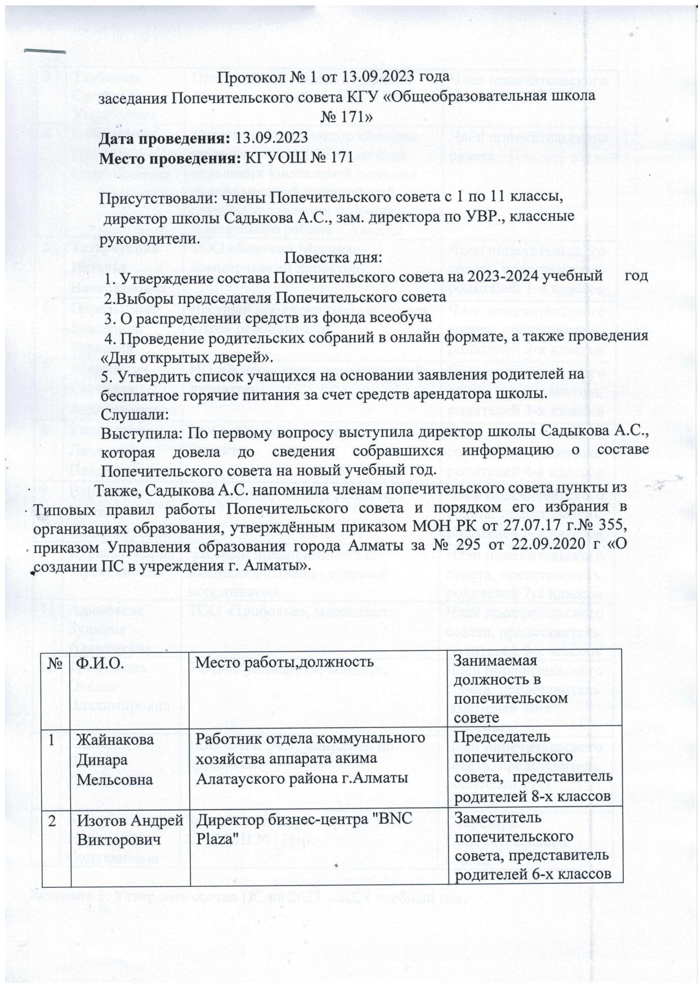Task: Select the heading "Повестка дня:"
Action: (333, 258)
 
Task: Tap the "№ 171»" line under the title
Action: (346, 117)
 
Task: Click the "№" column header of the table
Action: (54, 663)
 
